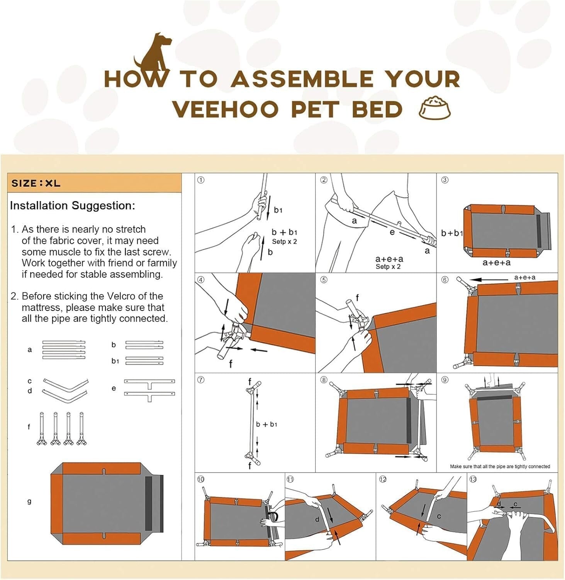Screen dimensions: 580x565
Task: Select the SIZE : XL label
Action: click(x=36, y=183)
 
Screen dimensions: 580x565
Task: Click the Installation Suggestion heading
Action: click(x=73, y=205)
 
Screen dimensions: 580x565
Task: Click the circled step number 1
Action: click(x=201, y=180)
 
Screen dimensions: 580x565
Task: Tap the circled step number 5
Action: click(x=324, y=280)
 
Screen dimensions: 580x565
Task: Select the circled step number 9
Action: click(x=445, y=380)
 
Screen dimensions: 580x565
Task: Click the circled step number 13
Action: click(x=473, y=479)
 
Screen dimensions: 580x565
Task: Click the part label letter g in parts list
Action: click(x=29, y=501)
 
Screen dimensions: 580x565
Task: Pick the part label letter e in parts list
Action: click(x=114, y=388)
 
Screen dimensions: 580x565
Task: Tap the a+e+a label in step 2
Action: click(x=389, y=259)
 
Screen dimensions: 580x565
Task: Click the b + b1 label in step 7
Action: click(x=266, y=424)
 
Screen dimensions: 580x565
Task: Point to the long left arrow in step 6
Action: click(x=488, y=280)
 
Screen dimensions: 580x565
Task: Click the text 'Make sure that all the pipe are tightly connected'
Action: click(x=500, y=466)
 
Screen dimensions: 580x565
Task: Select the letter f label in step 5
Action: click(x=357, y=297)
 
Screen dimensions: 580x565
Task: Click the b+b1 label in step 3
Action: click(x=451, y=233)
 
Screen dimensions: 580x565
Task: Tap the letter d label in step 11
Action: click(x=317, y=519)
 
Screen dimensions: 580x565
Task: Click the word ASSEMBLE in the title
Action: click(x=302, y=79)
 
